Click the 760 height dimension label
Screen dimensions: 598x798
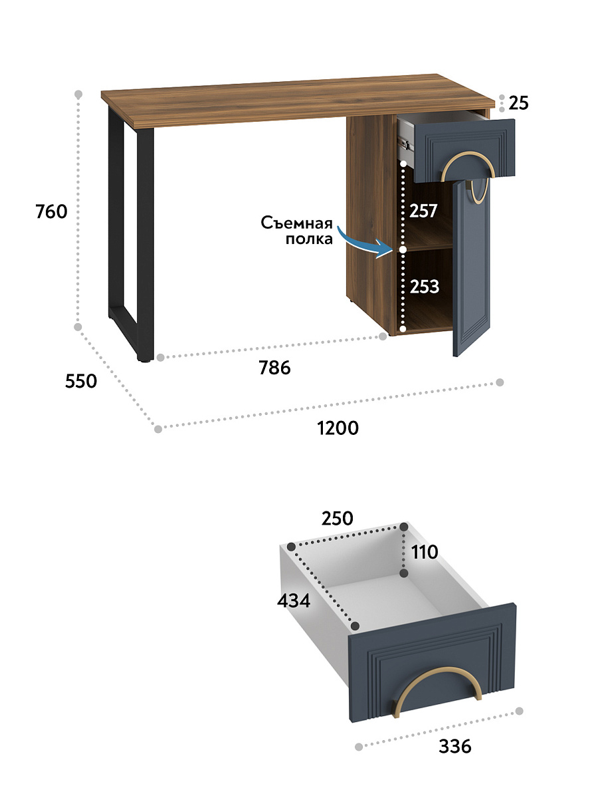[52, 211]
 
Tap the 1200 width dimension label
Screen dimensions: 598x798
[338, 428]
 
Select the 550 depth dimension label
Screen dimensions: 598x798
[81, 381]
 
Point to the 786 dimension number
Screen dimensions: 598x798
[274, 368]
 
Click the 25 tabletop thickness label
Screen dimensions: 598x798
[518, 103]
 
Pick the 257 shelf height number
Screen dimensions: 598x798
[423, 211]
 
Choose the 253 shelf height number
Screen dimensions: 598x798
[425, 287]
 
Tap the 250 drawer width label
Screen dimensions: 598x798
[337, 519]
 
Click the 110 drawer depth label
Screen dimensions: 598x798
[425, 552]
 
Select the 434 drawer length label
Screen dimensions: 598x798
[294, 600]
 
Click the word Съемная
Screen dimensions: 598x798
[296, 223]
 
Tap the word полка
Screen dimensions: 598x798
[309, 239]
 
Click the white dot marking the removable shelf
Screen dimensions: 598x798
[402, 250]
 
